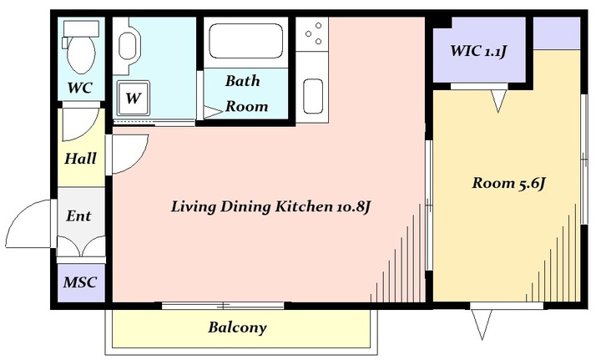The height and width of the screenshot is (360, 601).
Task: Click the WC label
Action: click(80, 88)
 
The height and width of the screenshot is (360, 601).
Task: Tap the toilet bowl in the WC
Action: click(80, 56)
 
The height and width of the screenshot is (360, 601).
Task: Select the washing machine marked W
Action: click(133, 99)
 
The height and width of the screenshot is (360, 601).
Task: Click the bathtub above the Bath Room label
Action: click(245, 41)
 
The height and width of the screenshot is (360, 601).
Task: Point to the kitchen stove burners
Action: click(314, 33)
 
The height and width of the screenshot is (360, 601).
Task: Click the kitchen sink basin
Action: click(313, 96)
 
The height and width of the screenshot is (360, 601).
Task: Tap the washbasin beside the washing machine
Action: click(128, 46)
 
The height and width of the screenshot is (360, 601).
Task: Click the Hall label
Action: click(80, 159)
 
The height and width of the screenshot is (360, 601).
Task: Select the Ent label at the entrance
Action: click(78, 215)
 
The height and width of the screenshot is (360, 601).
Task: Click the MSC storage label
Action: click(80, 282)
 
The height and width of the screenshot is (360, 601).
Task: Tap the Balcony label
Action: click(237, 327)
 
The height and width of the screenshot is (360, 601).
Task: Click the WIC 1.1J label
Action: click(479, 51)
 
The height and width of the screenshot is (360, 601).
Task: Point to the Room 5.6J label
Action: click(508, 183)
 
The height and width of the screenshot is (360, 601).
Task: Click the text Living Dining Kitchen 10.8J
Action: click(271, 207)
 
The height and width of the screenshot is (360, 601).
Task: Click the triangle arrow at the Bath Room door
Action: click(213, 112)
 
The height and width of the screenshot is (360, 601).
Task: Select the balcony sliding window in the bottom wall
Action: click(223, 306)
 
